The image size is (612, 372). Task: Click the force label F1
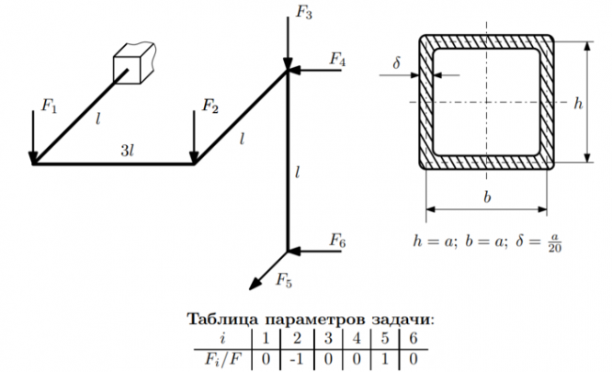49,106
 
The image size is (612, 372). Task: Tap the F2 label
210,106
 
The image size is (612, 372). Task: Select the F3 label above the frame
303,13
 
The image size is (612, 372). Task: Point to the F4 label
337,60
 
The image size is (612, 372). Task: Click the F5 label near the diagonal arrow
284,280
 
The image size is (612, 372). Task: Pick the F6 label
337,241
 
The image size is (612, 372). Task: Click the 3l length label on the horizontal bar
127,150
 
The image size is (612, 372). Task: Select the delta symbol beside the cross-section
397,62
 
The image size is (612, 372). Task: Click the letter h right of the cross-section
578,103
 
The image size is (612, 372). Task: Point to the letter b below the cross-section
487,197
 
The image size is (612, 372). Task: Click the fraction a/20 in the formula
555,242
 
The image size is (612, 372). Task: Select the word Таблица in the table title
222,319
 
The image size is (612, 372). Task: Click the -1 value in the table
297,359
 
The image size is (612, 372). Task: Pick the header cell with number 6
414,338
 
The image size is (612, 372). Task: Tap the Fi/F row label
221,359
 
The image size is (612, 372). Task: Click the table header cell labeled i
222,338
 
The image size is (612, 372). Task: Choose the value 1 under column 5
385,359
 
